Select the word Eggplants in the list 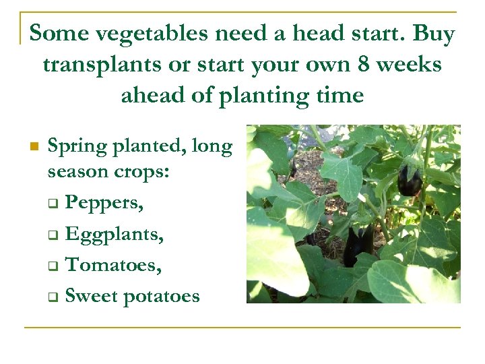115,235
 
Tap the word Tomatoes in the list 113,265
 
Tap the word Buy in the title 433,34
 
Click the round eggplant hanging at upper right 410,182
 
